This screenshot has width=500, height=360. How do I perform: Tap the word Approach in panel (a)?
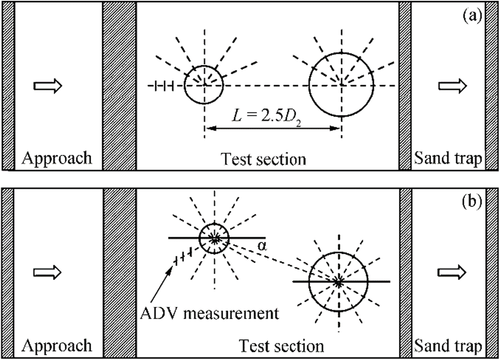coord(56,158)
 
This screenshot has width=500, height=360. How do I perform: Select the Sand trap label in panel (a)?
coord(447,158)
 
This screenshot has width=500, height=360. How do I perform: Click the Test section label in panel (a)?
coord(264,159)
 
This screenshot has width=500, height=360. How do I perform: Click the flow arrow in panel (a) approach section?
coord(47,86)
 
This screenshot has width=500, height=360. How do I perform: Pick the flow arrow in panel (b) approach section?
coord(47,272)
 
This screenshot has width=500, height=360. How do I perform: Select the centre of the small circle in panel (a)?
coord(204,85)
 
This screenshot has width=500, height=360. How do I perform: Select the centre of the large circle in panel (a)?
coord(341,85)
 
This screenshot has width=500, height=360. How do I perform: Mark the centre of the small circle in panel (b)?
coord(215,238)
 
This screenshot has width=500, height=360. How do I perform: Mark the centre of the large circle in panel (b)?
coord(338,281)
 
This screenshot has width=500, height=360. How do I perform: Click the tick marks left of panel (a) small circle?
coord(165,86)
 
